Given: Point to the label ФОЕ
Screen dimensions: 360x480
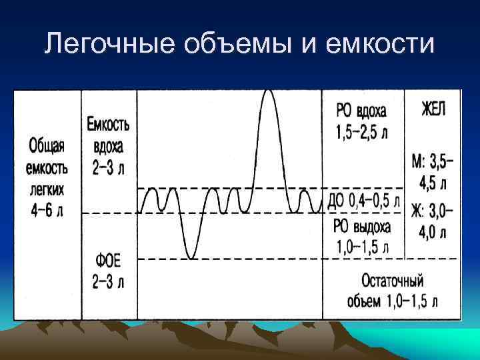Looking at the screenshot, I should [108, 260].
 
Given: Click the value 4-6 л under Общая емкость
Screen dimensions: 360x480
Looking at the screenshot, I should [47, 212].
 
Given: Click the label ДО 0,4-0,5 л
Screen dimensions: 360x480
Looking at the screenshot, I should [364, 200].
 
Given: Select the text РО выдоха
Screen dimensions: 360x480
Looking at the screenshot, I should [362, 226].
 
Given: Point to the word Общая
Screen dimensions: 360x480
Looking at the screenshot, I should [47, 144].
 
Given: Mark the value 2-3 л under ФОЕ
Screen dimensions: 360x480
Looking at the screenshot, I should [108, 282].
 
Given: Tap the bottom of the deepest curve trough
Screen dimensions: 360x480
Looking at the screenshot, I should [191, 257].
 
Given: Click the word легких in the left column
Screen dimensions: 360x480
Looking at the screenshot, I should [47, 190].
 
